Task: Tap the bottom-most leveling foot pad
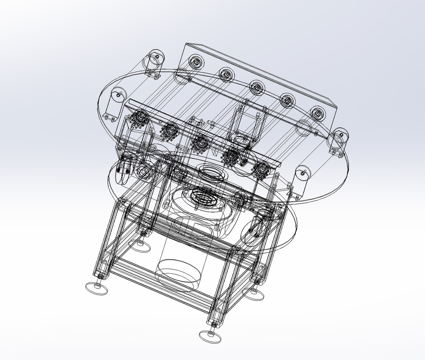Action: pyautogui.click(x=210, y=336)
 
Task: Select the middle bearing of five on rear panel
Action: pyautogui.click(x=256, y=88)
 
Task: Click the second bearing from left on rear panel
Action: pyautogui.click(x=226, y=74)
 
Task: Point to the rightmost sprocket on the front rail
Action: pyautogui.click(x=262, y=168)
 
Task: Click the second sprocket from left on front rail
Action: pyautogui.click(x=170, y=130)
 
